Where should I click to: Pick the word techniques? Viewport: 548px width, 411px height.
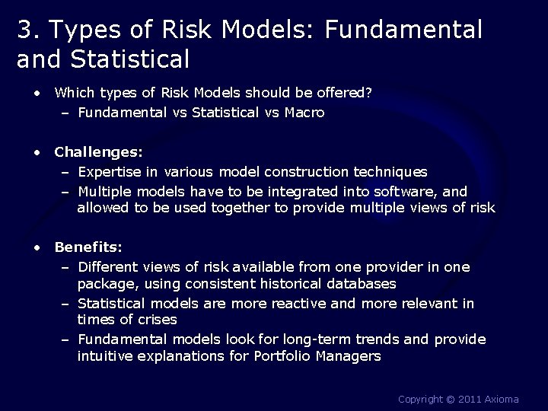389,172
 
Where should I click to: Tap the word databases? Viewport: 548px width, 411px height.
358,284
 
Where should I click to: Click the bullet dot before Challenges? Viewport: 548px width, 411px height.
37,152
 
